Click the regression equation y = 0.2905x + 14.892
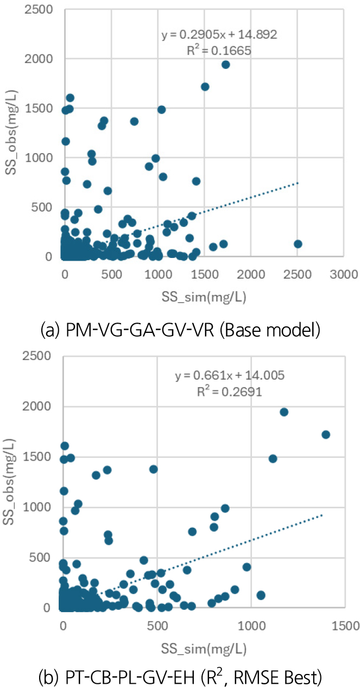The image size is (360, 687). point(220,35)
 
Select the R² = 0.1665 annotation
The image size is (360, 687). point(220,51)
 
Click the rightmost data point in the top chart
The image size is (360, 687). point(298,244)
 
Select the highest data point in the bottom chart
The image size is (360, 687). point(283,412)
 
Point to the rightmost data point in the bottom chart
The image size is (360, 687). point(326,434)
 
